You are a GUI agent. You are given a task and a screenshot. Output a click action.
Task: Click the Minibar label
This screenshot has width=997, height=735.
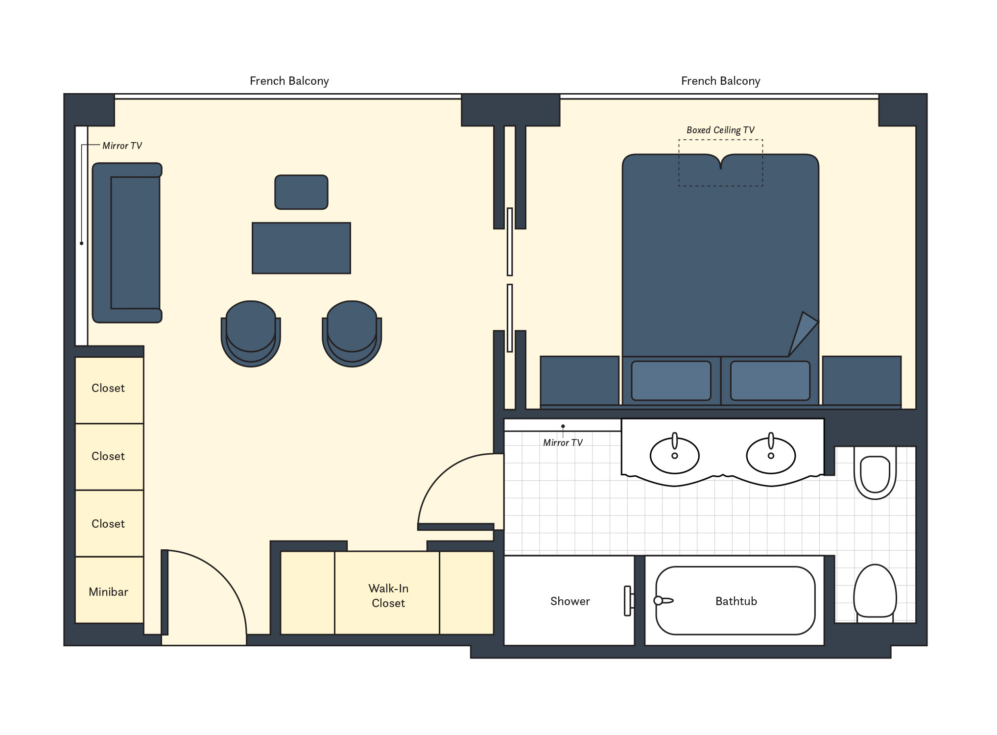click(108, 592)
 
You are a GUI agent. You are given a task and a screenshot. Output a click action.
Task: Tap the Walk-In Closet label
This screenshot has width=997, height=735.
click(388, 596)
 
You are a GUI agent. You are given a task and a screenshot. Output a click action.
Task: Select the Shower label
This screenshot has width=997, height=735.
click(570, 601)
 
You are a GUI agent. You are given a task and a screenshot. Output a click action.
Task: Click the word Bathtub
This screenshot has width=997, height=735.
click(736, 601)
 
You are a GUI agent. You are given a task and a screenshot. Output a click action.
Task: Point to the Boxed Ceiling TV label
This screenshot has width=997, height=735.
click(720, 130)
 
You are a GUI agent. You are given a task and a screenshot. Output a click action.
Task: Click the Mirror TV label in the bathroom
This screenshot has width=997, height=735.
click(563, 442)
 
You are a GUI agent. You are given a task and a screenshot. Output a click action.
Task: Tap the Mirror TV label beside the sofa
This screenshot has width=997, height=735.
click(122, 146)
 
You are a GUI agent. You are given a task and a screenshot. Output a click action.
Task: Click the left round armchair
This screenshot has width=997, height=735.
click(251, 334)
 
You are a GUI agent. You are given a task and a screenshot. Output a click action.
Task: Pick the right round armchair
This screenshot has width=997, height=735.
click(352, 334)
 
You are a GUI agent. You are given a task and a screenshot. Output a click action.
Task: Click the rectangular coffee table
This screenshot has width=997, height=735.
click(301, 248)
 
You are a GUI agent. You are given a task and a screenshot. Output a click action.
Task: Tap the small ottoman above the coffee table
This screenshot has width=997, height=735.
click(301, 192)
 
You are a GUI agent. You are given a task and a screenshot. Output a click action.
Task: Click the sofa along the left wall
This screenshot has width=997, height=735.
click(127, 243)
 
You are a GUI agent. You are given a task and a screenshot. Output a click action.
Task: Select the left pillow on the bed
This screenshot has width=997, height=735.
click(671, 381)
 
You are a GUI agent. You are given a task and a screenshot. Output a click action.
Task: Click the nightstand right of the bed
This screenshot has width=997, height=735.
click(862, 381)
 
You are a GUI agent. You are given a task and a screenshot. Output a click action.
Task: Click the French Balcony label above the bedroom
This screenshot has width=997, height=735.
click(720, 81)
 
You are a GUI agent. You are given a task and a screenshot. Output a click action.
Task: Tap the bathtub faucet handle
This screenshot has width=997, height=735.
click(664, 600)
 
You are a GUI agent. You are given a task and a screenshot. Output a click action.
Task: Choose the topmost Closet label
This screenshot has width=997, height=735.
click(108, 388)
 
